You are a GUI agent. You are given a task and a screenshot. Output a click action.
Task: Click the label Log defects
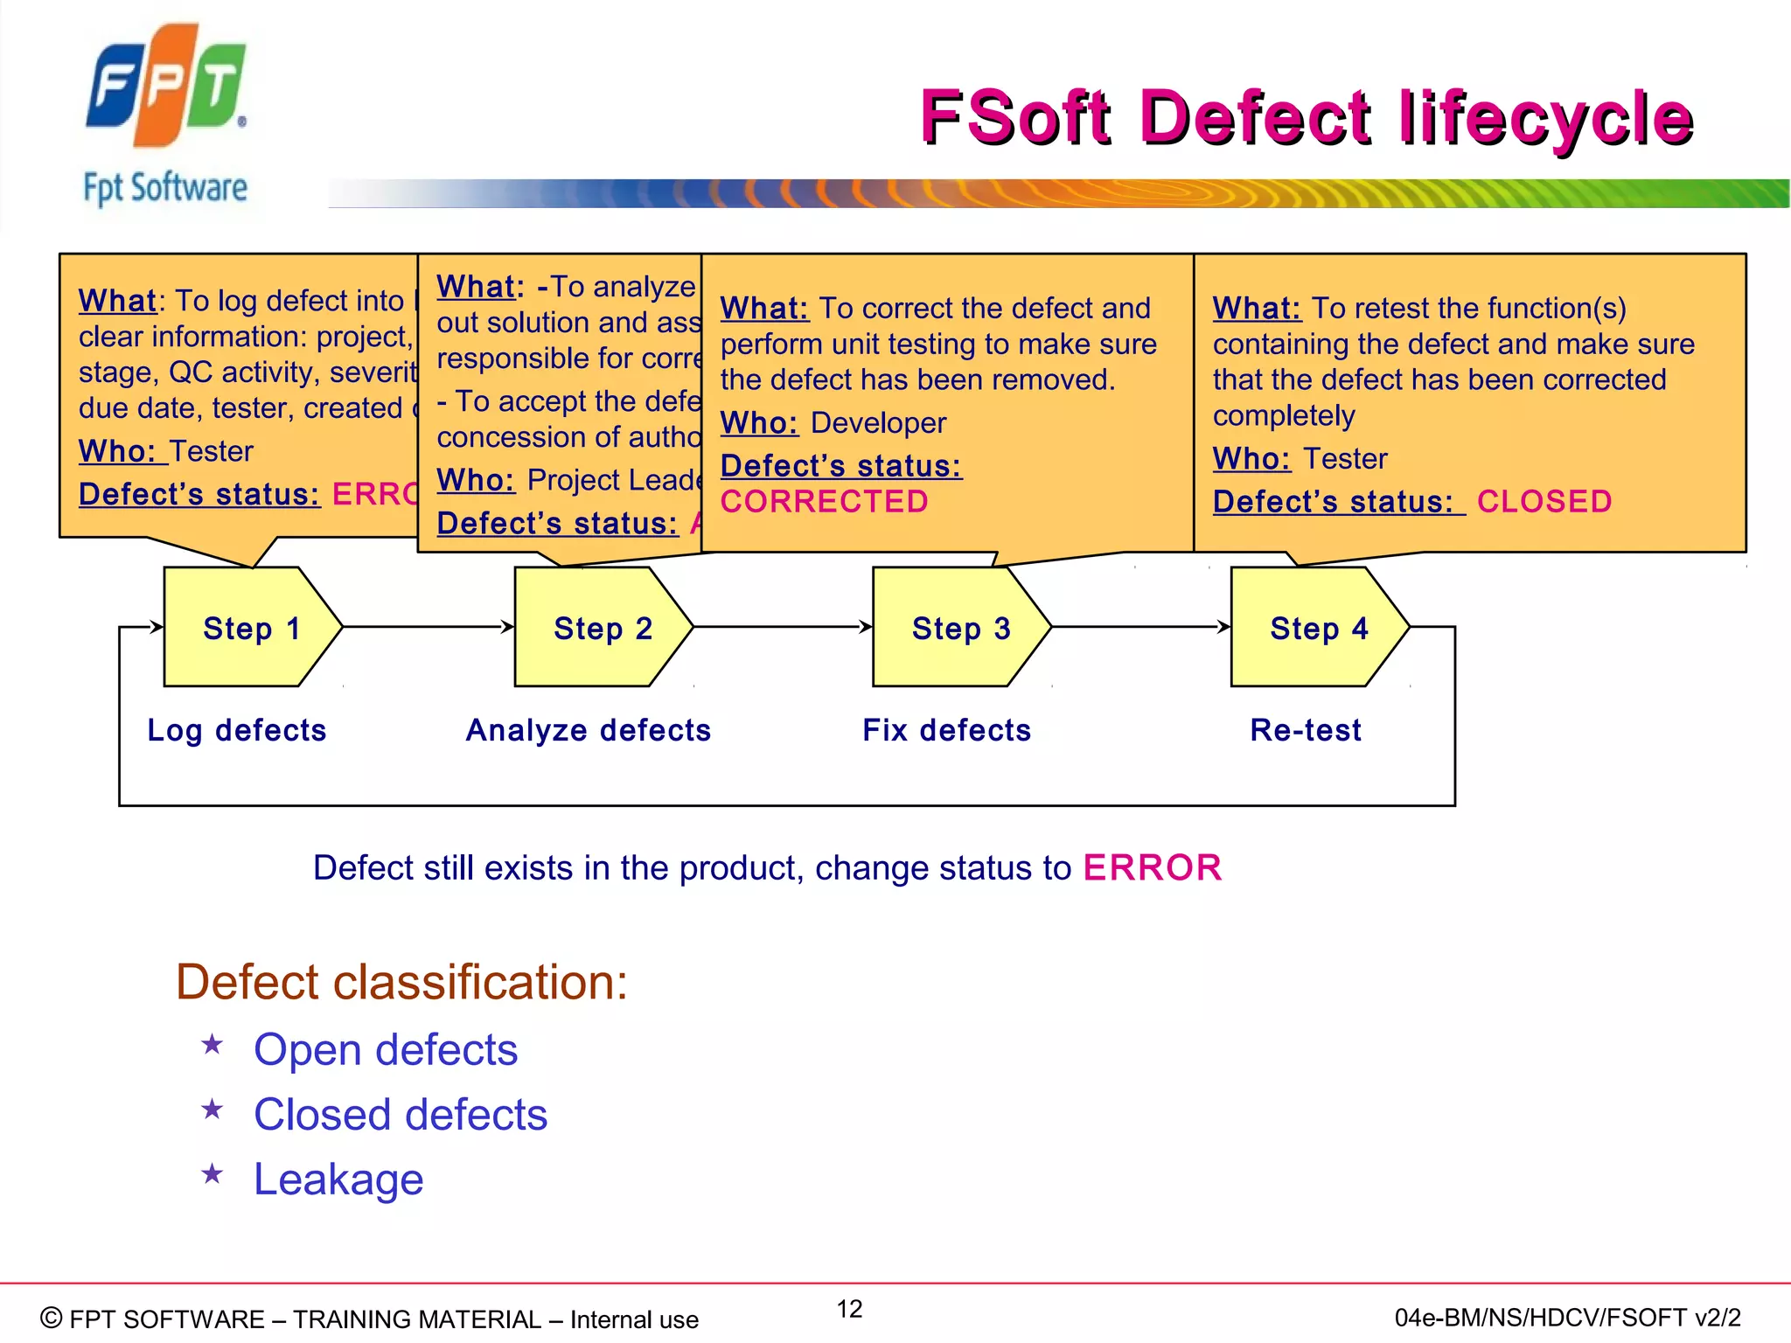click(237, 730)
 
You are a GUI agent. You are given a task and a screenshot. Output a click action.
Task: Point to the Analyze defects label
click(589, 730)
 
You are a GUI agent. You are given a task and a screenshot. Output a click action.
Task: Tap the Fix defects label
click(947, 730)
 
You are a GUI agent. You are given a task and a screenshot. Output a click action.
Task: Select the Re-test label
click(1306, 730)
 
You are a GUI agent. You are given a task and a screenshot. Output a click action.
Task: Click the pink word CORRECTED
click(824, 502)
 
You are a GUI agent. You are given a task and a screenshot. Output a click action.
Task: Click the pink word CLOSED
click(1544, 502)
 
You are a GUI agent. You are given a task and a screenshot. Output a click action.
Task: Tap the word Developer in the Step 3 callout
click(878, 423)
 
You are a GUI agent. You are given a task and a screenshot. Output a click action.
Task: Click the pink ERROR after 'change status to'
click(1153, 868)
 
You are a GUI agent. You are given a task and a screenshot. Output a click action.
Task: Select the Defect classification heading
click(401, 982)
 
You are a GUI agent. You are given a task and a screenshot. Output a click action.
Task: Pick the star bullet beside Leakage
click(213, 1174)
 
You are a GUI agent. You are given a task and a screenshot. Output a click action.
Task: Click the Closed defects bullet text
click(401, 1115)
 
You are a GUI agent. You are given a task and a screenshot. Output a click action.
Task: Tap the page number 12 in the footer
click(849, 1309)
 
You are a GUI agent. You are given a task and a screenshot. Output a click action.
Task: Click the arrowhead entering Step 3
click(866, 627)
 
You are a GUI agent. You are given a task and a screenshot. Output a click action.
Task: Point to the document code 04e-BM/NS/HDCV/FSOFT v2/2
click(1567, 1318)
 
